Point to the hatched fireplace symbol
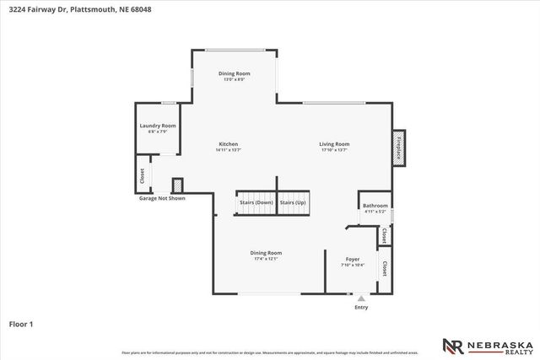(x=398, y=144)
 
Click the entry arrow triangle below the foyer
(x=361, y=298)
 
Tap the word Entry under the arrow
(x=361, y=308)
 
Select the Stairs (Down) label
(x=256, y=203)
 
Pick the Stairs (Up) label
(x=292, y=203)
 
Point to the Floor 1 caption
(x=21, y=323)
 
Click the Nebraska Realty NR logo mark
(x=454, y=345)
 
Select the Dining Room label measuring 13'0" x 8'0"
(x=235, y=76)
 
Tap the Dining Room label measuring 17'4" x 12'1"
(x=266, y=255)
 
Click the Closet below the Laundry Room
(x=142, y=175)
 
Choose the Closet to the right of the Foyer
(x=384, y=269)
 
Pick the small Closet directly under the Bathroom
(x=384, y=235)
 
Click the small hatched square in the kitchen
(x=178, y=185)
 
